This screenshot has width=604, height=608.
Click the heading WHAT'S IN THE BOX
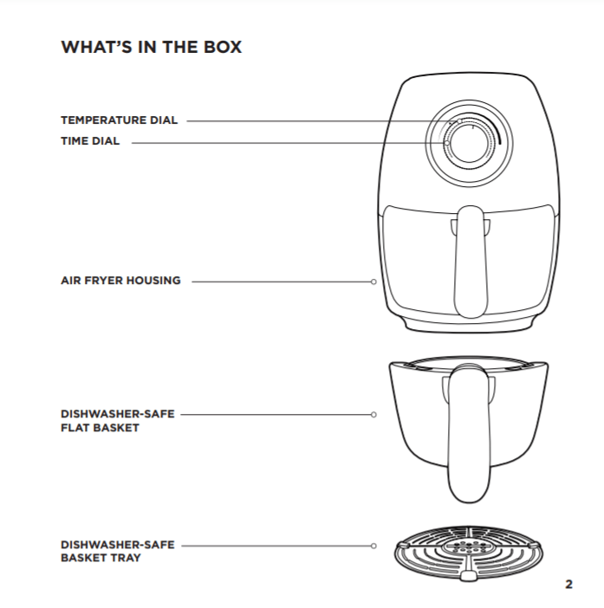[x=151, y=48]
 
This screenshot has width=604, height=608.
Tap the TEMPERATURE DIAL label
[x=119, y=120]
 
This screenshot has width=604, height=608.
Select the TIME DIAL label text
[x=90, y=141]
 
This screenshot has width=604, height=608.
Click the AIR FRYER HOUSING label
[x=120, y=281]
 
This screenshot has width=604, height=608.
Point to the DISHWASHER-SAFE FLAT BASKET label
[x=117, y=421]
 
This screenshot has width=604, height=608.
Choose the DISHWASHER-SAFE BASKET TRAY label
[x=117, y=551]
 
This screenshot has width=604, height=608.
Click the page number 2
[x=568, y=584]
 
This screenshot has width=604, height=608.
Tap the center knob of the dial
[x=467, y=141]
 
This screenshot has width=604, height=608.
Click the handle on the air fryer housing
[x=471, y=260]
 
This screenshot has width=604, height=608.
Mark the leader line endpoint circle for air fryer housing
[x=373, y=281]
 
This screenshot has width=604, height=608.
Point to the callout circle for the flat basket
[x=373, y=415]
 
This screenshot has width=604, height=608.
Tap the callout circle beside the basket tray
[x=373, y=546]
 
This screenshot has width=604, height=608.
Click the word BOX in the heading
[x=222, y=48]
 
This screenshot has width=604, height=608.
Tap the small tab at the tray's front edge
[x=468, y=575]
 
